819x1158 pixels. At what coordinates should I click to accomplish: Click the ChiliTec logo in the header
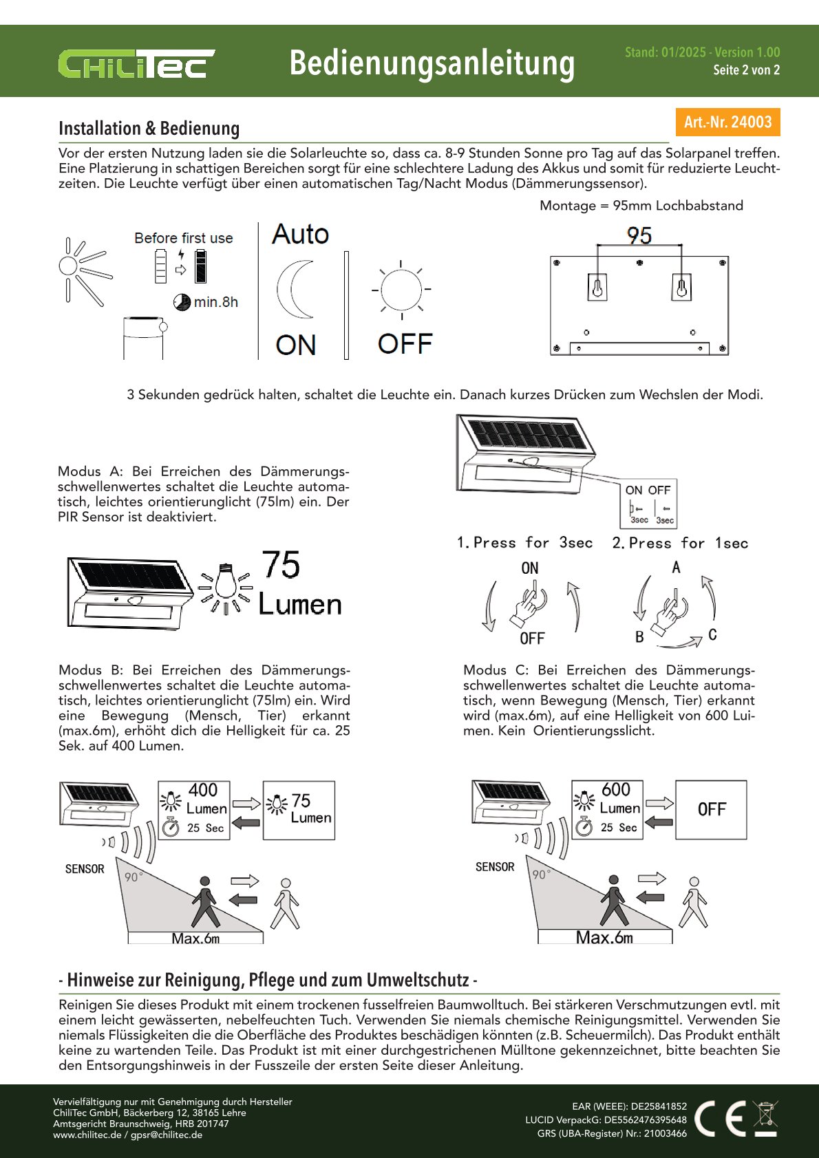click(x=136, y=64)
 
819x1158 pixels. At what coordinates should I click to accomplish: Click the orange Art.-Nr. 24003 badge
click(x=727, y=122)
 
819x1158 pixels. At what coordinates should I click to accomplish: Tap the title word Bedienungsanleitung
click(x=432, y=63)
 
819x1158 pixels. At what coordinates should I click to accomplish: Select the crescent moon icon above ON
click(x=296, y=290)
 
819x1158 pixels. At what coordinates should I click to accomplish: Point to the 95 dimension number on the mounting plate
click(x=639, y=236)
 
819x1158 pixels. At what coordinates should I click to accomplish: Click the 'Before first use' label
click(x=184, y=238)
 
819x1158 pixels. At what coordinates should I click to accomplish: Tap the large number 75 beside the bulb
click(x=281, y=565)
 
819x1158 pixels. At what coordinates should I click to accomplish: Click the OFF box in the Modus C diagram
click(x=711, y=809)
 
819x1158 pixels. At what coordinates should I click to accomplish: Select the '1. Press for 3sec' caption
click(x=524, y=543)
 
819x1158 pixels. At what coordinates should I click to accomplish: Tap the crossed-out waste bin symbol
click(x=765, y=1117)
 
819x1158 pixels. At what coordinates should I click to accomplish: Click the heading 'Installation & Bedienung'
click(x=149, y=129)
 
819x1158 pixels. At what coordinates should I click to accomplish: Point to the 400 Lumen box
click(x=194, y=809)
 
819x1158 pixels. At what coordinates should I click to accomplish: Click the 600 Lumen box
click(x=607, y=809)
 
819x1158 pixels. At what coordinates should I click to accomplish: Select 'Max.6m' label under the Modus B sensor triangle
click(x=195, y=939)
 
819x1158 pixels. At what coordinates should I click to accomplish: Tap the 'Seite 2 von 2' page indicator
click(x=746, y=69)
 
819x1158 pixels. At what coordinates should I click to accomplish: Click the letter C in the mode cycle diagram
click(x=712, y=635)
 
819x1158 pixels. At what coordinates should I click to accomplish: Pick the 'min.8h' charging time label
click(x=215, y=302)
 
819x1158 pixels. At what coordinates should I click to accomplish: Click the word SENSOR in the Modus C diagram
click(x=495, y=867)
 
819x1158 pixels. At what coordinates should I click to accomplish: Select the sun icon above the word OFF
click(x=401, y=290)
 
